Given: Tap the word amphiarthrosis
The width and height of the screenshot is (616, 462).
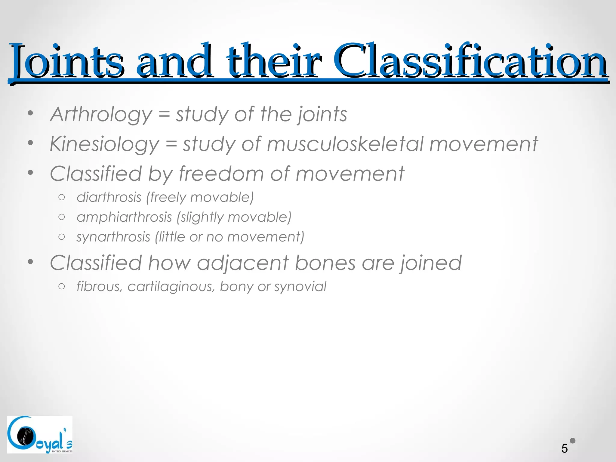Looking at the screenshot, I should (124, 217).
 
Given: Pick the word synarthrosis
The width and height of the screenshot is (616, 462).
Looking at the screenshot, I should (113, 237).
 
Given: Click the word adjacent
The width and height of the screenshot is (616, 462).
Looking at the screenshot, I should (243, 263).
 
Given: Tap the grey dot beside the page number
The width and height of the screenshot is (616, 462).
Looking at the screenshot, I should (573, 441).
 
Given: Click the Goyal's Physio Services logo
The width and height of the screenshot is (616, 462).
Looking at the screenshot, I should (40, 434).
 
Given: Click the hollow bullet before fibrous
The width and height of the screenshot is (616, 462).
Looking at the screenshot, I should (62, 286).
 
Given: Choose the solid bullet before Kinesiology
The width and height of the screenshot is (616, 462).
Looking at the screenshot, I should (30, 143).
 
